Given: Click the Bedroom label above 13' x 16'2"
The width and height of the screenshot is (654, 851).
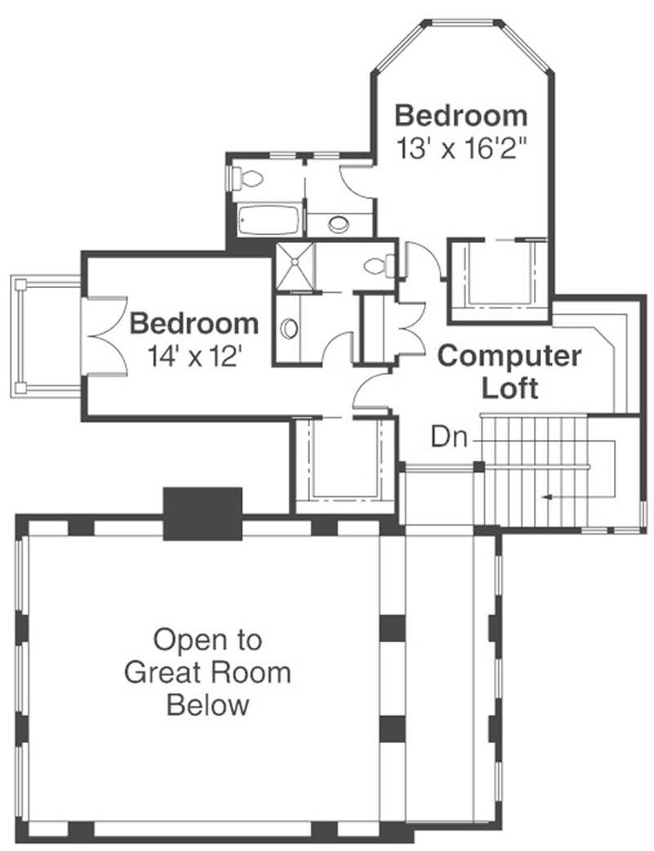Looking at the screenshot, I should [x=460, y=115].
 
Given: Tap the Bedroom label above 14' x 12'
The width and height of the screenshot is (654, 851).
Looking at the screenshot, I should [x=194, y=323].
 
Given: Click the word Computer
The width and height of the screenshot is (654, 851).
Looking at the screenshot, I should [x=509, y=356].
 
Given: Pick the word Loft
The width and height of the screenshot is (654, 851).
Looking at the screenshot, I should [x=509, y=387].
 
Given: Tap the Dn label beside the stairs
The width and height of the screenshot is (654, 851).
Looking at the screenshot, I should [x=449, y=438].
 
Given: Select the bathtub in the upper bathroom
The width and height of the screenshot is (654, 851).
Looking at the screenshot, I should [x=269, y=220].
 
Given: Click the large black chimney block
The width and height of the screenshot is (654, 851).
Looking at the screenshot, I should [x=203, y=513].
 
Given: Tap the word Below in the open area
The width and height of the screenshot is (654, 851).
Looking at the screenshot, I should [x=208, y=705].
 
